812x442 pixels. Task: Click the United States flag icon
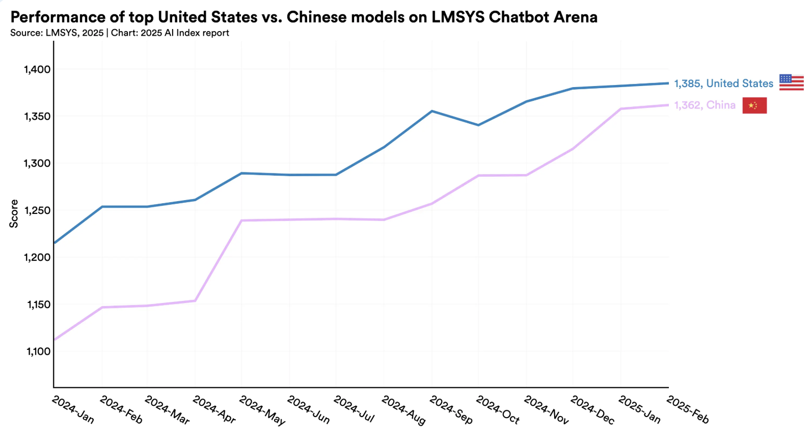click(x=791, y=82)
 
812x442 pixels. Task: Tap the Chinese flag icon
click(x=754, y=105)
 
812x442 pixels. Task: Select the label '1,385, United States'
click(x=723, y=84)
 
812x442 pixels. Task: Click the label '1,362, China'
click(x=705, y=105)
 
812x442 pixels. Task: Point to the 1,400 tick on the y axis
click(x=37, y=69)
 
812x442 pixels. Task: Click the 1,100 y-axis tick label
click(x=38, y=351)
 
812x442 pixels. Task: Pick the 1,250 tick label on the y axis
click(x=37, y=210)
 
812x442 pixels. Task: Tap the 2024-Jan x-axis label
click(x=73, y=410)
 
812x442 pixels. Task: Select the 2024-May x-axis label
click(x=262, y=410)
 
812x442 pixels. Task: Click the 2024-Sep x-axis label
click(x=451, y=410)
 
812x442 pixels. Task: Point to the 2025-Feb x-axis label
click(x=688, y=410)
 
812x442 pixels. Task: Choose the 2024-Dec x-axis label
click(x=592, y=410)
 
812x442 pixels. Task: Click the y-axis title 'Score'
click(x=14, y=213)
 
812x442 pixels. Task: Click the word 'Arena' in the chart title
click(x=576, y=17)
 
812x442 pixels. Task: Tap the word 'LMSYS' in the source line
click(x=62, y=33)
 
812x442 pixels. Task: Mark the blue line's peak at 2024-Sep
click(x=431, y=111)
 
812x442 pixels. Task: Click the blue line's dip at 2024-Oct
click(x=478, y=125)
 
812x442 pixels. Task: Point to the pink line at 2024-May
click(x=241, y=220)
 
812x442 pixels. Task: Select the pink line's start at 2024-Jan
click(x=55, y=339)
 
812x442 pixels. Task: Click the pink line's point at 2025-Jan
click(x=621, y=108)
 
